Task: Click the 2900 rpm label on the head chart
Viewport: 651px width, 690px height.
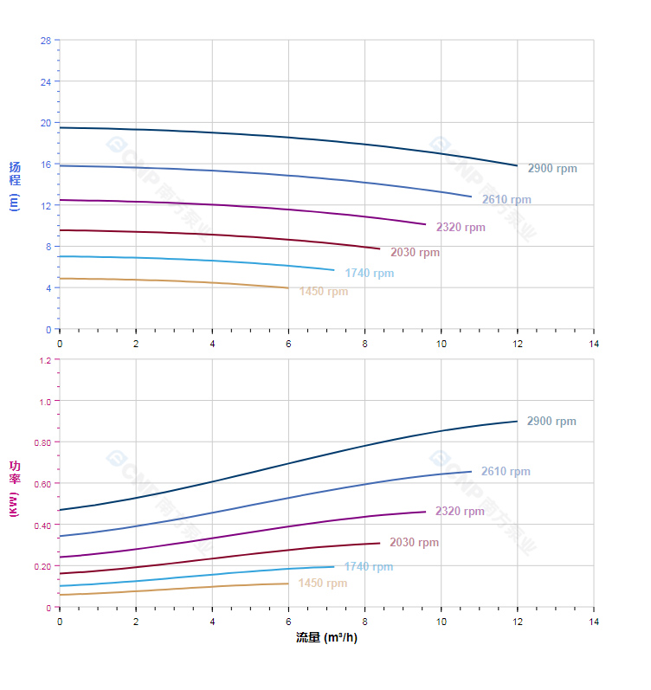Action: (x=552, y=169)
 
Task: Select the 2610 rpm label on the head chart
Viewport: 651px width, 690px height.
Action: (x=506, y=200)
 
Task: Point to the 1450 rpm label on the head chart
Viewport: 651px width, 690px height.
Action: (x=324, y=292)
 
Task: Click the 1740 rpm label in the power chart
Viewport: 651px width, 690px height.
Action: (x=368, y=567)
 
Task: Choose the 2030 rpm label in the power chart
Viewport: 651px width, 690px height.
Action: (x=414, y=543)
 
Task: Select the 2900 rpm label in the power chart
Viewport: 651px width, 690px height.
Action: (x=551, y=422)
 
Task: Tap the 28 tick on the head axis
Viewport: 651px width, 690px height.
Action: (x=45, y=40)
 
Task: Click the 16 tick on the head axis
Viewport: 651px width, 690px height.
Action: (x=45, y=164)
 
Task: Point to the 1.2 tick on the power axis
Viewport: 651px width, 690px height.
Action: (x=44, y=359)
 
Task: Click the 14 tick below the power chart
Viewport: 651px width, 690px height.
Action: (x=594, y=622)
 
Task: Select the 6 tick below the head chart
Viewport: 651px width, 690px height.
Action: (x=288, y=344)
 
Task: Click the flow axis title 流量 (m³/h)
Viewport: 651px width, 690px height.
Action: (x=326, y=638)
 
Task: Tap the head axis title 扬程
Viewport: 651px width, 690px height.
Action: (x=14, y=174)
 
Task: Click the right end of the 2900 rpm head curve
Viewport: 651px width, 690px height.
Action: (x=518, y=165)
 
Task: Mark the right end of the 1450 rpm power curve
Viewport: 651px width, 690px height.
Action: (x=288, y=583)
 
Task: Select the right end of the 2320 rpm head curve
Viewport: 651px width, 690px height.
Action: (x=426, y=224)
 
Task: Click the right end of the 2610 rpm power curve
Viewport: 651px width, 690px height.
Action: (x=472, y=471)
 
